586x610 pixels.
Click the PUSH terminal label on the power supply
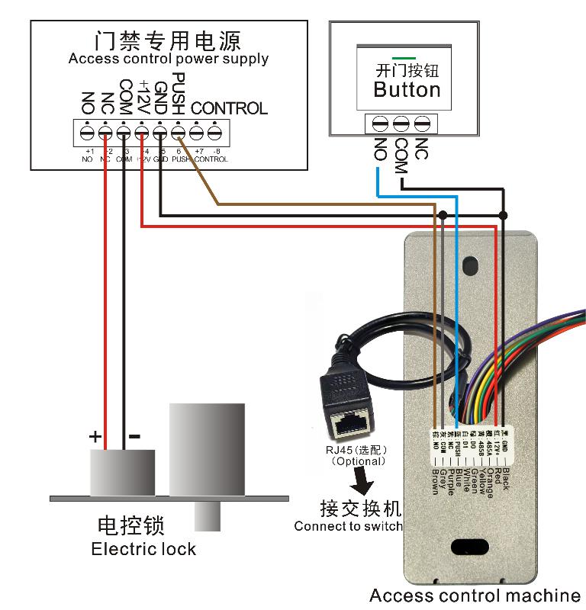pos(178,93)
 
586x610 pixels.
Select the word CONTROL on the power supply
pos(229,108)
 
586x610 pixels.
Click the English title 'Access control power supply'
pos(168,59)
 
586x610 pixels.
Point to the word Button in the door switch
pos(407,90)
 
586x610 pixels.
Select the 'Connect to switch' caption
pos(348,526)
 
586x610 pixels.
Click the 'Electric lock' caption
pos(143,549)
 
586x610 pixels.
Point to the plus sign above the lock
pos(95,437)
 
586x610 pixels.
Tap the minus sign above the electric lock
pos(134,437)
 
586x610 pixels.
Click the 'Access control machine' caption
pos(475,596)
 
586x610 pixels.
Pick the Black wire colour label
pos(504,469)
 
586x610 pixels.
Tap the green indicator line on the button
pos(404,58)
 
